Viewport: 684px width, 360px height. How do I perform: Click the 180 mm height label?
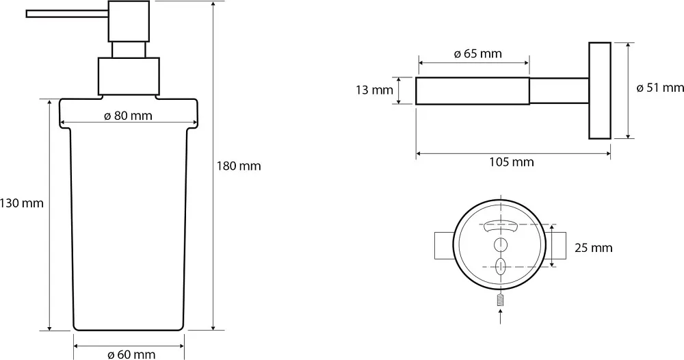tap(239, 166)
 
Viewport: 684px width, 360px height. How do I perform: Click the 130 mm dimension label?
tap(22, 203)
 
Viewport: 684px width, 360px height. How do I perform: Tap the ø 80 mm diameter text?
tap(129, 116)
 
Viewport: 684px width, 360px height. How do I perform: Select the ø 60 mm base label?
tap(131, 355)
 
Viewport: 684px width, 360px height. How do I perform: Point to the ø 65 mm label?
tap(477, 53)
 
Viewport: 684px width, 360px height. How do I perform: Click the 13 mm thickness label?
tap(374, 90)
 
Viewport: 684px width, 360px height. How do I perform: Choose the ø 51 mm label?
tap(660, 88)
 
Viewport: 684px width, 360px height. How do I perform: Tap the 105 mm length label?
tap(511, 162)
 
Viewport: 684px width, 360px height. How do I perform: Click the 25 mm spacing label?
tap(593, 248)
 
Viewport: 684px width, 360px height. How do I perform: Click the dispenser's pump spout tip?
tap(27, 14)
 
